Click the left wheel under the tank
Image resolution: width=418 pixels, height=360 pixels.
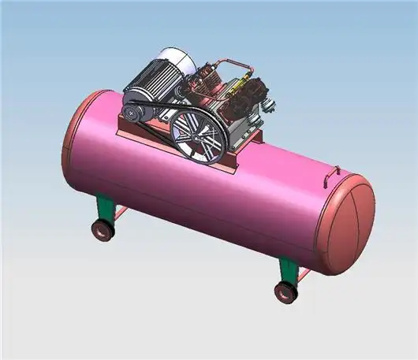[x=101, y=230]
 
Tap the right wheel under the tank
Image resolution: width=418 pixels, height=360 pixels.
[x=285, y=292]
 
